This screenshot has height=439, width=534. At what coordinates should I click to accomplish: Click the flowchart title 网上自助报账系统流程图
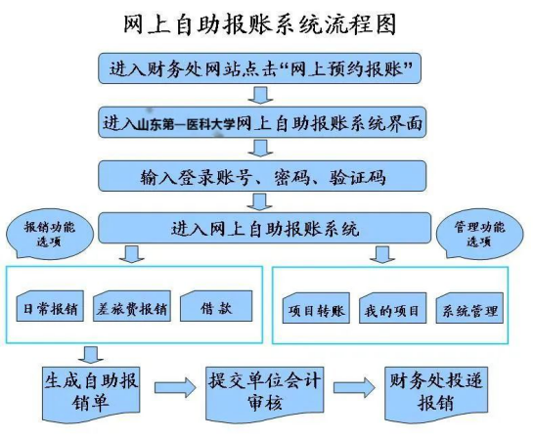tap(259, 24)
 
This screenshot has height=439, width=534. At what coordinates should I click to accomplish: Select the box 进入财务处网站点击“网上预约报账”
tap(259, 68)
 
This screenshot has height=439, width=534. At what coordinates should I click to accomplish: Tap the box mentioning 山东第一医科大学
tap(262, 122)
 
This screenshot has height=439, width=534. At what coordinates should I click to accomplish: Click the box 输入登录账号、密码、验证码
tap(262, 176)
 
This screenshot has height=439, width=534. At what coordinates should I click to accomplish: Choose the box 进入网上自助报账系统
tap(264, 228)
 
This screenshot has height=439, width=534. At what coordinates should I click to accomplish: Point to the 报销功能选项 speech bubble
tap(49, 235)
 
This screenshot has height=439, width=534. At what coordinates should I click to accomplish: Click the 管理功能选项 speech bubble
tap(479, 235)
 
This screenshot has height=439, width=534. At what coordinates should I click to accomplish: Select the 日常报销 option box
tap(50, 306)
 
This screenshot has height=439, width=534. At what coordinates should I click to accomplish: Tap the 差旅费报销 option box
tap(132, 306)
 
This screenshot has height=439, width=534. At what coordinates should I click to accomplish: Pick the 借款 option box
tap(216, 306)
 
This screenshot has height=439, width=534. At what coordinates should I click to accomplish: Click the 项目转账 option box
tap(316, 308)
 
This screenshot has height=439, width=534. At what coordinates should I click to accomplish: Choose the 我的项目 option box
tap(392, 308)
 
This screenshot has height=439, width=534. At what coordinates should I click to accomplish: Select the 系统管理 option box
tap(469, 308)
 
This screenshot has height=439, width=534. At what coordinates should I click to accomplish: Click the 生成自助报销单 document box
tap(91, 394)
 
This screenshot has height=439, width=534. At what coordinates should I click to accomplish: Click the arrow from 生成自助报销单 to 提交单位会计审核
tap(175, 387)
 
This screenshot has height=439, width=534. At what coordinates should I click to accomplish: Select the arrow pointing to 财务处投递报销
tap(354, 387)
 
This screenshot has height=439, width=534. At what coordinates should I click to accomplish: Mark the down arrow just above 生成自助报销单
tap(91, 355)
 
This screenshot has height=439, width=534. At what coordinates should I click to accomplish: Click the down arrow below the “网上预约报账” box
tap(260, 95)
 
